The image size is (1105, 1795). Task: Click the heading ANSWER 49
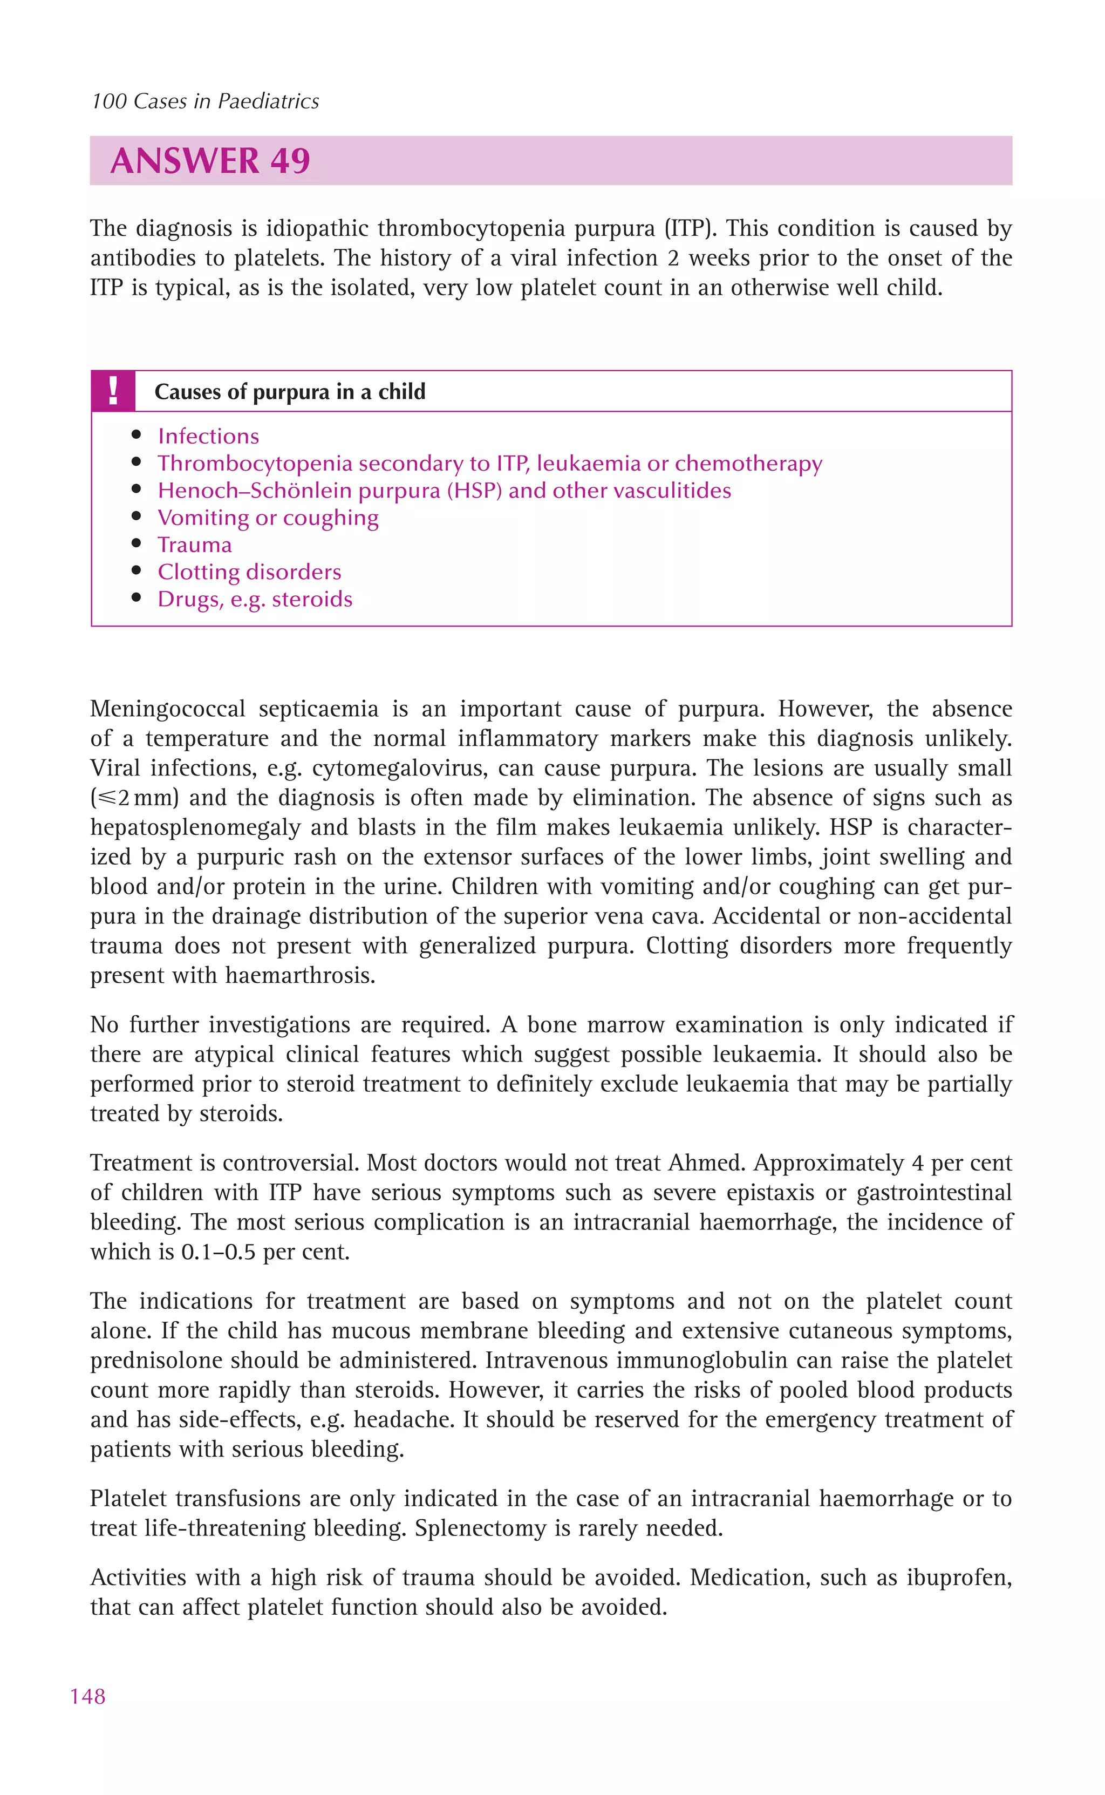point(210,161)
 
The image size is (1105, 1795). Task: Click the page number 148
point(88,1696)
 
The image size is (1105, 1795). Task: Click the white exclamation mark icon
point(113,391)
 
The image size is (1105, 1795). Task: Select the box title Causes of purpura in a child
point(289,392)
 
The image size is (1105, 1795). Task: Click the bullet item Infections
point(208,436)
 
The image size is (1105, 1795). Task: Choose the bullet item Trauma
point(194,545)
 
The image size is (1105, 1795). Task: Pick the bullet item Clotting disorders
point(249,572)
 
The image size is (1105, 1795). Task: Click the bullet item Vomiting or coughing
point(268,518)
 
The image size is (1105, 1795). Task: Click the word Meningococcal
point(168,709)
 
